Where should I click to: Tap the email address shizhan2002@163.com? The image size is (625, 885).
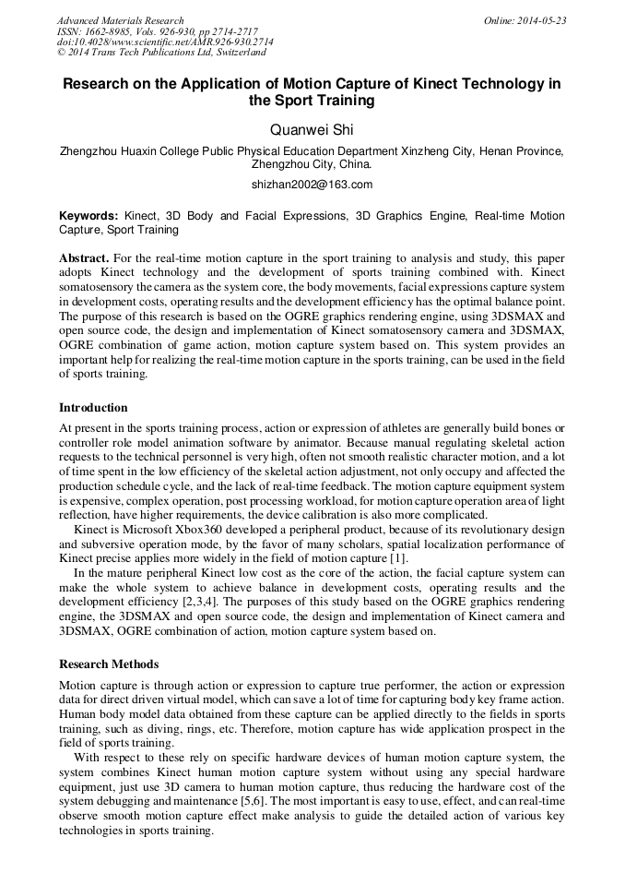tap(312, 185)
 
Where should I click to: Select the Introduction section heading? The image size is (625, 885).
tap(93, 407)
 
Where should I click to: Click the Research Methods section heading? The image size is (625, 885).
tap(109, 664)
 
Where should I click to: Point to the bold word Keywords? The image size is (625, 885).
tap(88, 216)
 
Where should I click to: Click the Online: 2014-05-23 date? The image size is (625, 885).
tap(524, 20)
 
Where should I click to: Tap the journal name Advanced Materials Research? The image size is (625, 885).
tap(120, 20)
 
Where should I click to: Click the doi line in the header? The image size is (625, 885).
tap(165, 42)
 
